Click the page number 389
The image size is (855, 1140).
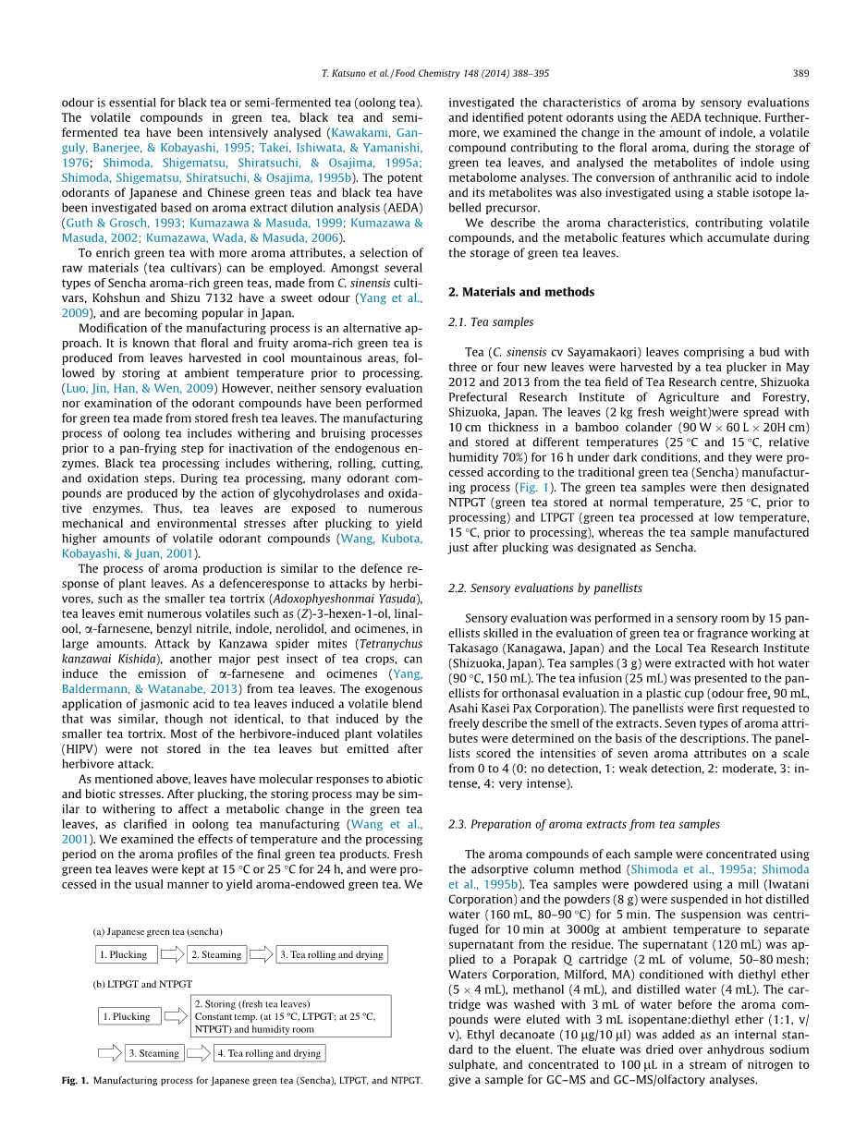pos(801,73)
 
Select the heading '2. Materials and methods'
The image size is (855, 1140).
pos(520,292)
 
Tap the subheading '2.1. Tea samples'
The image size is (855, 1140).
pos(490,322)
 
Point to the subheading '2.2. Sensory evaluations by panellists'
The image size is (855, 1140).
pos(544,588)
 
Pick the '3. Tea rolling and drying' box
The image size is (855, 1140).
pos(332,954)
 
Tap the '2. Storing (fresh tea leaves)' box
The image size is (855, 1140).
pos(290,1016)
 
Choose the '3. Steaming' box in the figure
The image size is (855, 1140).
pos(153,1053)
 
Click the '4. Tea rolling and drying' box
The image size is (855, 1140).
pos(269,1053)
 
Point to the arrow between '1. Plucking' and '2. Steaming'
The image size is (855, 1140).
pos(172,954)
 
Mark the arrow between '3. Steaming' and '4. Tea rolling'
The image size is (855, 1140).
pos(199,1053)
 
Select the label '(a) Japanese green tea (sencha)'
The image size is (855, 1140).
pos(158,931)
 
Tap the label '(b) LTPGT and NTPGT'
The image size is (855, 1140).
pos(142,985)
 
